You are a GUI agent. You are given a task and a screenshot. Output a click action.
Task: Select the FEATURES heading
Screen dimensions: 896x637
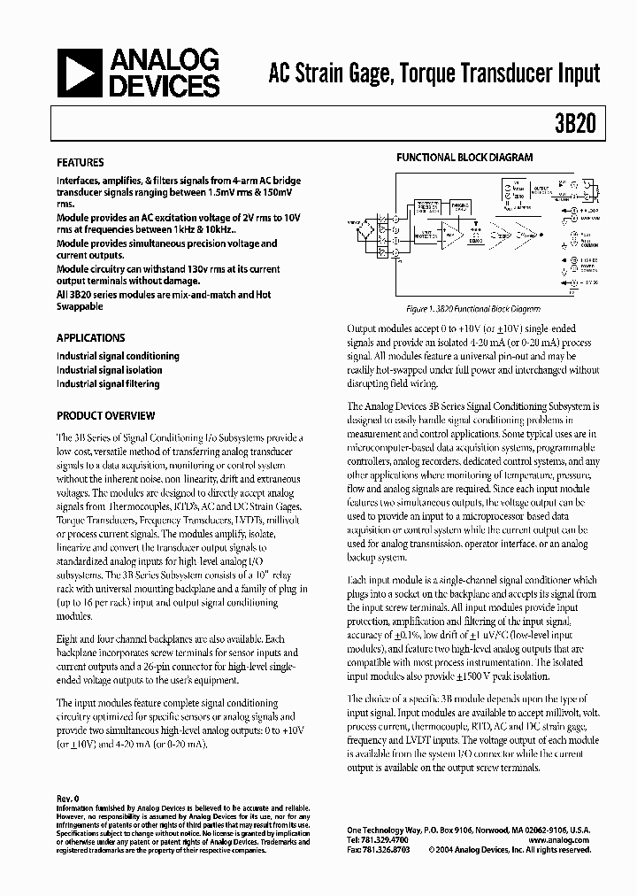(80, 163)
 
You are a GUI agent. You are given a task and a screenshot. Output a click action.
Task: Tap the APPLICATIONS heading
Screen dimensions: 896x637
(90, 338)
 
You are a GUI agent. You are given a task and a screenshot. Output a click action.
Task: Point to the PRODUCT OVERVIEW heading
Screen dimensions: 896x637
(105, 415)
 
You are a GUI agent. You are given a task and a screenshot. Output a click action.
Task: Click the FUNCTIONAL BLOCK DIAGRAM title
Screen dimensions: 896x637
(464, 158)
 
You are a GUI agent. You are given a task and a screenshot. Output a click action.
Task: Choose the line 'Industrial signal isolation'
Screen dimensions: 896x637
(110, 370)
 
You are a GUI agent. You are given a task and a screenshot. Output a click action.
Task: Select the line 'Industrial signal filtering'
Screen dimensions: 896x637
(108, 384)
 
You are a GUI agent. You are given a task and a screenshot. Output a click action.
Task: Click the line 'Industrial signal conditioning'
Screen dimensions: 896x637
(118, 356)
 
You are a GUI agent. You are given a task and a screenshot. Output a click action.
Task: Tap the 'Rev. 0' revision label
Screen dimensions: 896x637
(67, 798)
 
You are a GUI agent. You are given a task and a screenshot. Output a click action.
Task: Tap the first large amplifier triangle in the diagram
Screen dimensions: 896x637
(453, 235)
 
